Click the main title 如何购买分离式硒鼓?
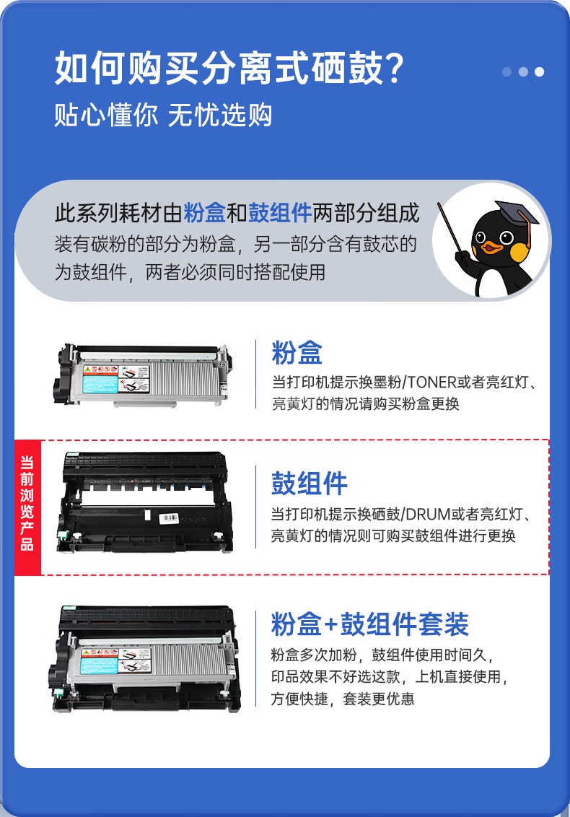coord(229,69)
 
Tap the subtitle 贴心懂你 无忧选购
coord(163,115)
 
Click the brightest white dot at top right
coord(539,72)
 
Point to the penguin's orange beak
coord(491,246)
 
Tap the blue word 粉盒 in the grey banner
coord(205,213)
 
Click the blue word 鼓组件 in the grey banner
coord(280,213)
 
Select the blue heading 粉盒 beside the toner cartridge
coord(297,353)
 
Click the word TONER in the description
coord(432,383)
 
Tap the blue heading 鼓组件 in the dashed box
coord(310,484)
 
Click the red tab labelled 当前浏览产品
coord(27,507)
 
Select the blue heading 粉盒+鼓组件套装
coord(370,624)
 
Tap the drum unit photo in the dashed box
coord(145,502)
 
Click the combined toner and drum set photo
coord(145,659)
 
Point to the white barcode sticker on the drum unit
coord(168,518)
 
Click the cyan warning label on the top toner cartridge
coord(100,385)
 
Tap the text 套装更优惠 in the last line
coord(378,699)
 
